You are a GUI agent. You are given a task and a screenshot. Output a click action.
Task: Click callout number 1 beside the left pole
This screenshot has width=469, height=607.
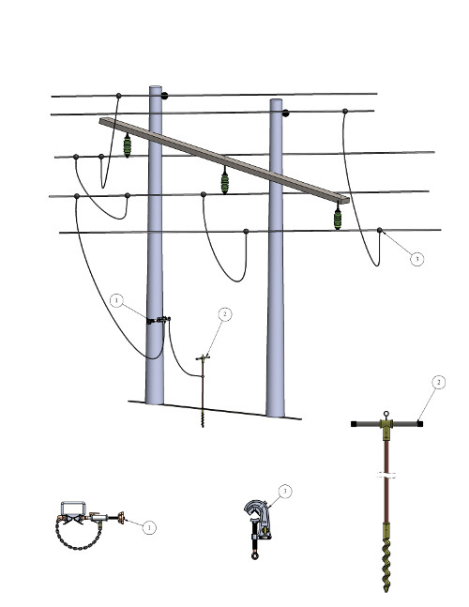(x=116, y=300)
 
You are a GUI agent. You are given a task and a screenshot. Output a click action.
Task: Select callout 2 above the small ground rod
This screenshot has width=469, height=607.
(x=225, y=314)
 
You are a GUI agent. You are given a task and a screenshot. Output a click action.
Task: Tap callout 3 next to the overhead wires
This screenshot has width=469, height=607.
(x=416, y=259)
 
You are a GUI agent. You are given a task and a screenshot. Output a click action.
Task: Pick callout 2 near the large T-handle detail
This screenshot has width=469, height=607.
(x=438, y=383)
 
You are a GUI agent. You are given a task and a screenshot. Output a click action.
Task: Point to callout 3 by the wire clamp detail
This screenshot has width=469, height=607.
(x=285, y=492)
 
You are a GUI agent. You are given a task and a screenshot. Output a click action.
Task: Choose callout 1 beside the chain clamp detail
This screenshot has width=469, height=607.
(x=149, y=527)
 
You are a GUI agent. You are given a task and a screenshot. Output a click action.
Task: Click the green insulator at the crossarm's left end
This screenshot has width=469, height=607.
(x=127, y=145)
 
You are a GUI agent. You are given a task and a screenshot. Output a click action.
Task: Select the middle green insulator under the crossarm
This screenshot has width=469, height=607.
(x=225, y=182)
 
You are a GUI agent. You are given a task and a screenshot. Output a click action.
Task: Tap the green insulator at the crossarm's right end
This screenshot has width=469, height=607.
(x=338, y=218)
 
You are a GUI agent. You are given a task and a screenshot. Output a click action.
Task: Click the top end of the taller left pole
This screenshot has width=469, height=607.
(x=156, y=87)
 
